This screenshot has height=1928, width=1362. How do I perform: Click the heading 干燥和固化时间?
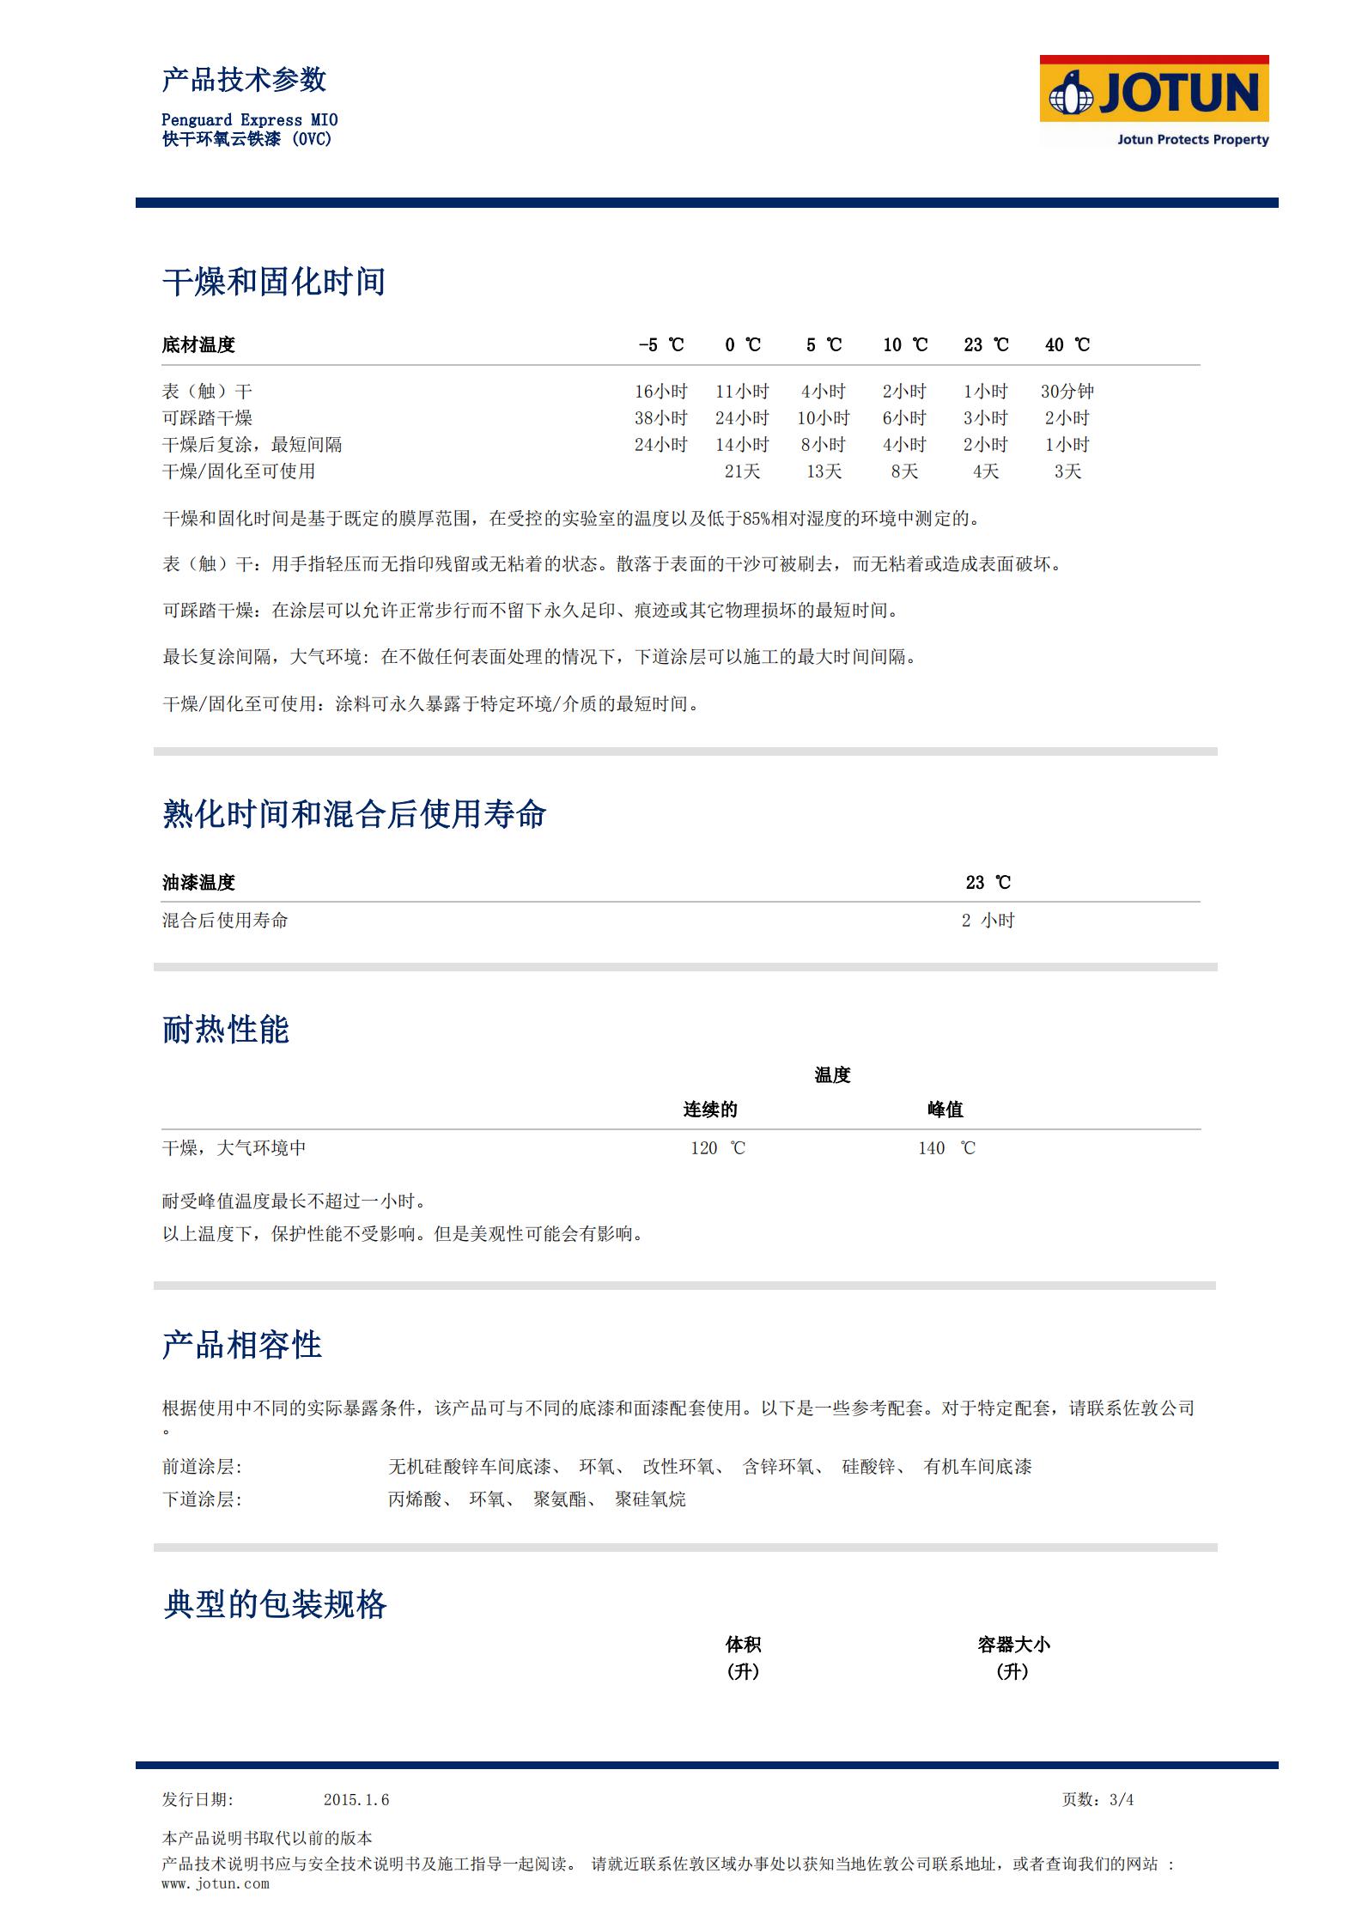274,282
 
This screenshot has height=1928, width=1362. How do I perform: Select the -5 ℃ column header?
660,345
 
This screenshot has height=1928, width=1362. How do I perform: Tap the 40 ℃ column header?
1067,345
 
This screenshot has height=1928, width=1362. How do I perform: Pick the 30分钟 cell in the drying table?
1067,392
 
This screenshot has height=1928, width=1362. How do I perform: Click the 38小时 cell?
660,418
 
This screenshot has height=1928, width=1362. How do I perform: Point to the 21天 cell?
742,471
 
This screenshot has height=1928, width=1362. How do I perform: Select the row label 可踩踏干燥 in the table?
207,418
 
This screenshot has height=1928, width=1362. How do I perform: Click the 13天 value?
823,471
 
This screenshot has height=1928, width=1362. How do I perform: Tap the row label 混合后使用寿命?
225,921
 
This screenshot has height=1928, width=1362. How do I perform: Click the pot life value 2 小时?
988,921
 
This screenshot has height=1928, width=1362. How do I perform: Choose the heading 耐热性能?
225,1029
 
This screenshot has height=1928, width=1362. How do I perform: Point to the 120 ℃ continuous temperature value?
718,1148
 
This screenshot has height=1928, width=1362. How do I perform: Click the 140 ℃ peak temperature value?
946,1148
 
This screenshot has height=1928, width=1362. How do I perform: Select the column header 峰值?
945,1110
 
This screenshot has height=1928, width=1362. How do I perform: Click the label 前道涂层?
202,1467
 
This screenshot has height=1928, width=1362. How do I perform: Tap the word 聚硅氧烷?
650,1499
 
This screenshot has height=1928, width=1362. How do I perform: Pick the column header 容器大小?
1013,1645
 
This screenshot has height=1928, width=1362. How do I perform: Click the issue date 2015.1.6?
356,1800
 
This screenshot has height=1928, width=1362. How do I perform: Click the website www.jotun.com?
216,1883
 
